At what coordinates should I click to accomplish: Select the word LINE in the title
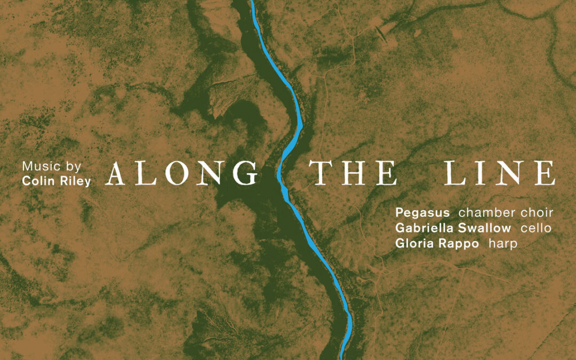pyautogui.click(x=500, y=173)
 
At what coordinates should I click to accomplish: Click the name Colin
pyautogui.click(x=37, y=181)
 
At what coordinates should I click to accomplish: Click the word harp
pyautogui.click(x=502, y=244)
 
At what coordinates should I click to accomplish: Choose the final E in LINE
pyautogui.click(x=545, y=173)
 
